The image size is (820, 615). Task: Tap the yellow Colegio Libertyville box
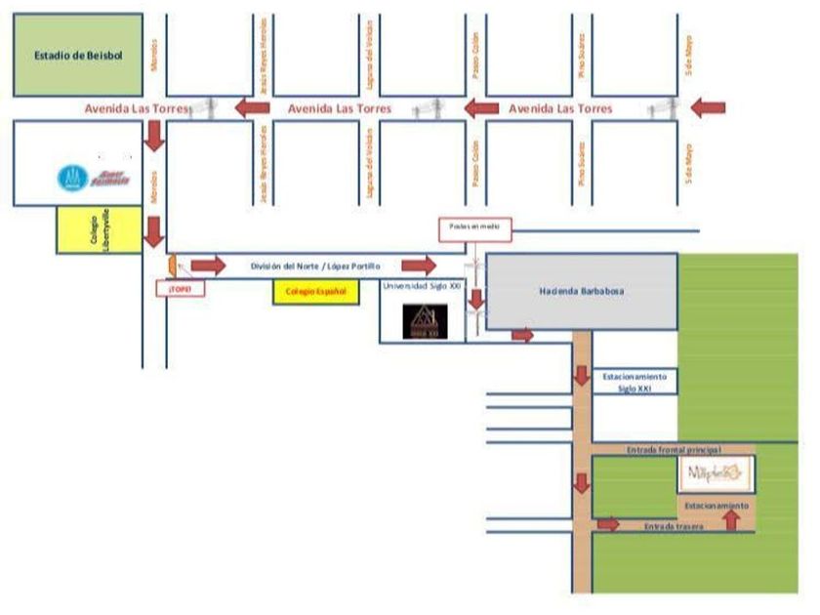pos(100,231)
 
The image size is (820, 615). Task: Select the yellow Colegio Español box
pos(315,291)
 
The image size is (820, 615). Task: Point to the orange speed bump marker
pos(172,265)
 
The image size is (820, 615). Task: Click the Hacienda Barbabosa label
pos(581,291)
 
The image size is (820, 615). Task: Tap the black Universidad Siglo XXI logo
pos(426,321)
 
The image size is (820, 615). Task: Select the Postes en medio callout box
pos(473,227)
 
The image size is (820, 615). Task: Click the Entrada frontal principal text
pos(673,450)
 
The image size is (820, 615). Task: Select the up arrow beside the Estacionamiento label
pos(730,518)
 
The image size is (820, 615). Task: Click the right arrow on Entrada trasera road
pos(608,524)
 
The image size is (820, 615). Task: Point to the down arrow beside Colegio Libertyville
pos(153,233)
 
